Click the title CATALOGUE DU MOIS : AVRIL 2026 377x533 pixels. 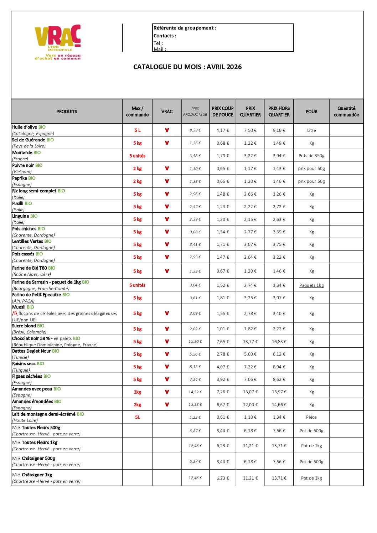coord(187,67)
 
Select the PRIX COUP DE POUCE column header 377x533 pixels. coord(223,112)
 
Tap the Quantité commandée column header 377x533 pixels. coord(346,112)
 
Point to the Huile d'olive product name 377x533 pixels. coord(25,127)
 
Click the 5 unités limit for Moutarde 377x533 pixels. coord(137,156)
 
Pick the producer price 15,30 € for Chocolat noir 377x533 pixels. coord(195,342)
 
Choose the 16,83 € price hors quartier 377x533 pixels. coord(279,342)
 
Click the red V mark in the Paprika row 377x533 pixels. coord(167,181)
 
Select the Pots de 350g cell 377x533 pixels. coord(311,156)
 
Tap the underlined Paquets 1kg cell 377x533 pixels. coord(311,285)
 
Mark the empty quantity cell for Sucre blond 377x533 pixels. coord(346,329)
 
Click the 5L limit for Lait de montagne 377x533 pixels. coord(137,417)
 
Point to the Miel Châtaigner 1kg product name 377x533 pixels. coord(32,475)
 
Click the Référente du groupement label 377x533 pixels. coord(185,28)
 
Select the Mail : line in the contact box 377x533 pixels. coord(160,49)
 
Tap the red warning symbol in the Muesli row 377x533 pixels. coord(15,314)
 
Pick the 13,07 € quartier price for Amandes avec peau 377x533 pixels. coord(250,392)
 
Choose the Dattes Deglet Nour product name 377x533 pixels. coord(31,351)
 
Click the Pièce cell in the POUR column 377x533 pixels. coord(311,417)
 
